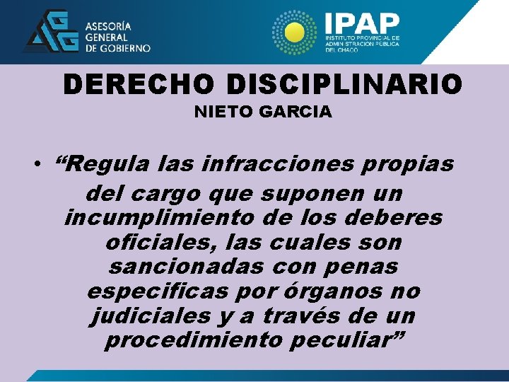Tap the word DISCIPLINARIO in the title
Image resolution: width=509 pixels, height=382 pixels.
pos(345,85)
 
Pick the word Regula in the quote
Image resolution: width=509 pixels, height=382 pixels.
pos(105,164)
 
